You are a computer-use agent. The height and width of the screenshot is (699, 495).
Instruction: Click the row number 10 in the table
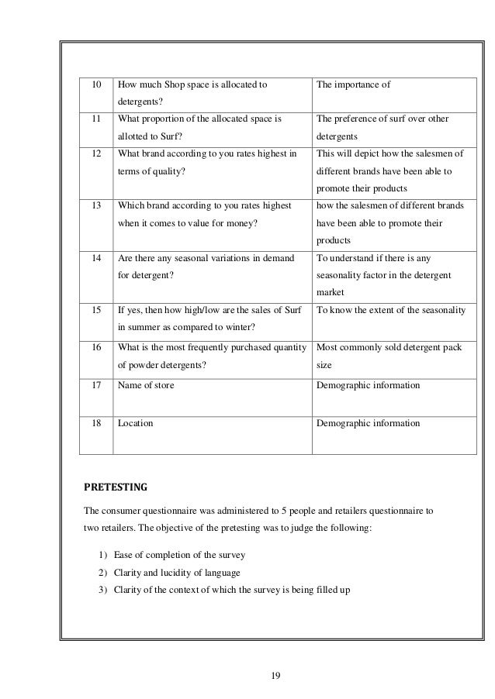[x=97, y=84]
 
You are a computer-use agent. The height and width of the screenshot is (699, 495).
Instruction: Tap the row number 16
[x=97, y=347]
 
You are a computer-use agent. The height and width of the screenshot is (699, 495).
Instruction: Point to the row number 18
[x=97, y=423]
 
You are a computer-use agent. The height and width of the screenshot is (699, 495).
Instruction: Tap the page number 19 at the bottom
[x=275, y=676]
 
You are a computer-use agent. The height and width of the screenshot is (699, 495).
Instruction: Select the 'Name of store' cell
[x=146, y=385]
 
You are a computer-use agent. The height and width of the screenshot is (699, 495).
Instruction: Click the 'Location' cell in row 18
[x=135, y=423]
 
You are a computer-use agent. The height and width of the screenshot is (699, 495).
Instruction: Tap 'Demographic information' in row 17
[x=369, y=385]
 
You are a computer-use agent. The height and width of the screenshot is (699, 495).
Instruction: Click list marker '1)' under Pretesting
[x=103, y=556]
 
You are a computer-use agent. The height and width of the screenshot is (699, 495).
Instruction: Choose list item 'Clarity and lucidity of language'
[x=177, y=573]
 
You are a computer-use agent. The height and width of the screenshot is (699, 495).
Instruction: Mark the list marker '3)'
[x=103, y=590]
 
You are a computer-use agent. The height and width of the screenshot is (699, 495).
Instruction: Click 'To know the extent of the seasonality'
[x=391, y=310]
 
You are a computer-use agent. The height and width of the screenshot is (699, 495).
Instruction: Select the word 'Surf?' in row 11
[x=161, y=134]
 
